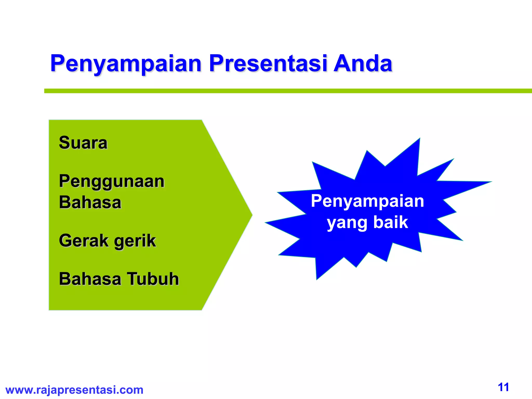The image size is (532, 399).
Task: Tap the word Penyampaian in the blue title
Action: (126, 64)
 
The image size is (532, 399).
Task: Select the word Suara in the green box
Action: (83, 143)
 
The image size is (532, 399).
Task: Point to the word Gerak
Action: (83, 240)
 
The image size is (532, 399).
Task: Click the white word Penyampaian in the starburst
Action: (367, 201)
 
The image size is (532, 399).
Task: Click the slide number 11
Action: (503, 387)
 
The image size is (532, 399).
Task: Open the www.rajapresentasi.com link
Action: (74, 390)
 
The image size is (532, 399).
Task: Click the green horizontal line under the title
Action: (286, 91)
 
